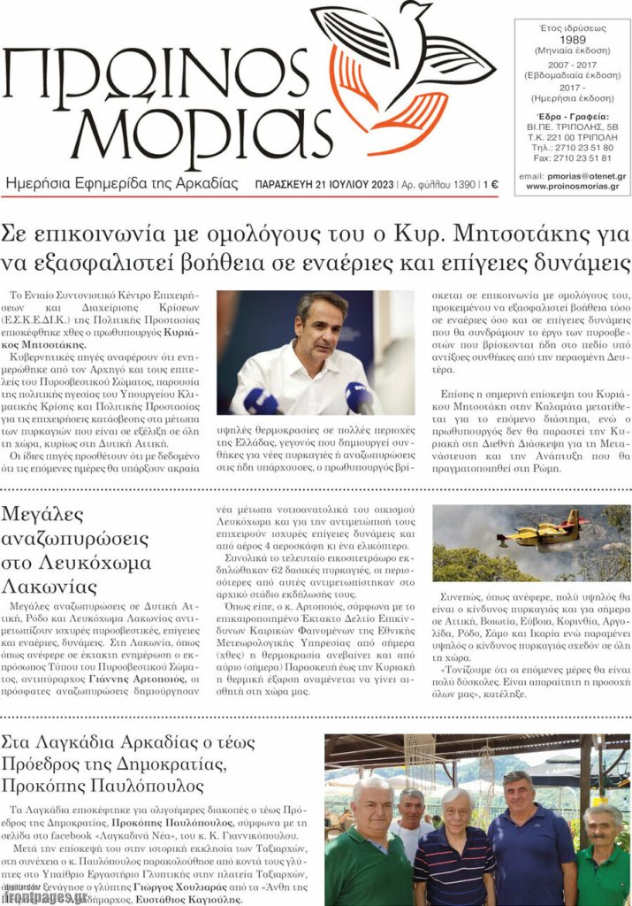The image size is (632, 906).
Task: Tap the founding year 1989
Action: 572,40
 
